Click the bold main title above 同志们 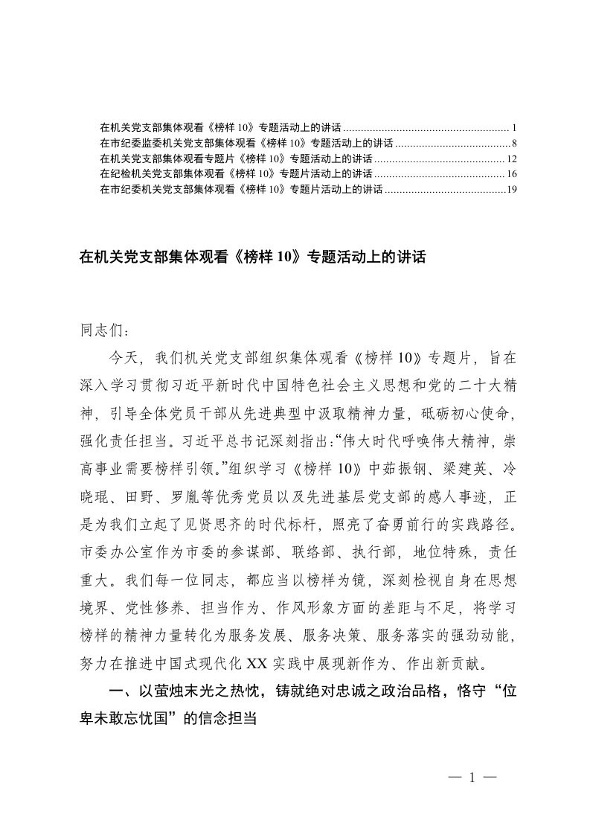[x=251, y=258]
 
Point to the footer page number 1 [x=471, y=778]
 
